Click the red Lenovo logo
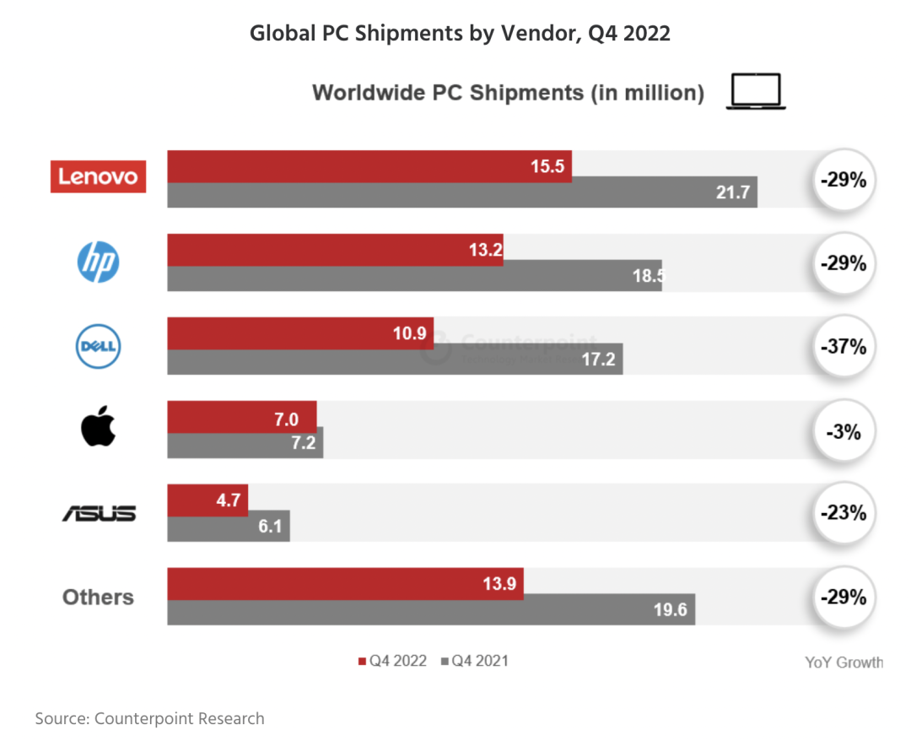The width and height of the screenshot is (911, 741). tap(98, 177)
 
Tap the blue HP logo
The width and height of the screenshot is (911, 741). tap(99, 262)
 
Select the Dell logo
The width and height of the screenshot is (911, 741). tap(99, 345)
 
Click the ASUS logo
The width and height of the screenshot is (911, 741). tap(99, 512)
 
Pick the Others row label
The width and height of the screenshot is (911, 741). tap(98, 597)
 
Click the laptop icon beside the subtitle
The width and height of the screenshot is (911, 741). tap(756, 92)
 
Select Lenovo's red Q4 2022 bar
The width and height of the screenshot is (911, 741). tap(369, 166)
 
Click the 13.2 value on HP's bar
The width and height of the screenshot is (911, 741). tap(482, 249)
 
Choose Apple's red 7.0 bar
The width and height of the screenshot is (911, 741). tap(241, 418)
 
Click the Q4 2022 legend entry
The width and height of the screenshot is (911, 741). tap(393, 661)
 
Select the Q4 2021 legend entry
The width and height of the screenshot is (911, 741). tap(475, 661)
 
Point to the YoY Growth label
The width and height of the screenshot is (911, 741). tap(844, 663)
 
